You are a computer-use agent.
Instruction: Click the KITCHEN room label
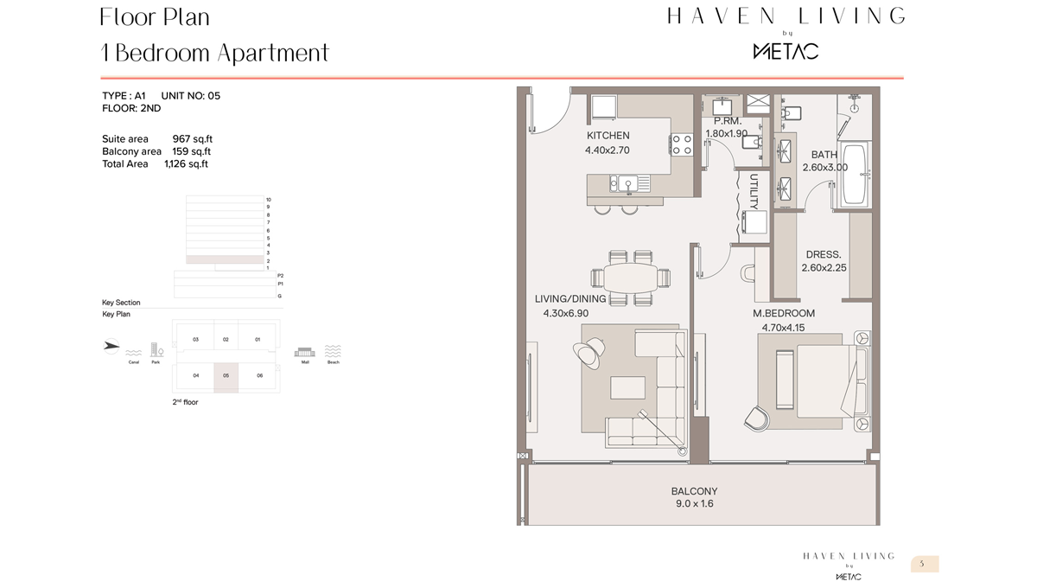pyautogui.click(x=608, y=136)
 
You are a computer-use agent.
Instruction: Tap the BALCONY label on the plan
pyautogui.click(x=694, y=491)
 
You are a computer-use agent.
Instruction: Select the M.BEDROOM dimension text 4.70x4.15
pyautogui.click(x=783, y=328)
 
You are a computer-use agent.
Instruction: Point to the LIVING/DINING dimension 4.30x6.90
pyautogui.click(x=565, y=313)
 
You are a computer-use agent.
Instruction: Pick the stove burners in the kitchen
pyautogui.click(x=682, y=144)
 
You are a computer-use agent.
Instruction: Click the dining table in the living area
pyautogui.click(x=631, y=278)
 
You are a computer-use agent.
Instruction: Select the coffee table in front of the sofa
pyautogui.click(x=627, y=387)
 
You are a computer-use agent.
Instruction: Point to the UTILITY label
pyautogui.click(x=754, y=192)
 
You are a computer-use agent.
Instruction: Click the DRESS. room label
pyautogui.click(x=823, y=255)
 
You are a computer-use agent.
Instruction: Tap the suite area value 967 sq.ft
pyautogui.click(x=192, y=138)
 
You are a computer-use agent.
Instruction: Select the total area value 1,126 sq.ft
pyautogui.click(x=186, y=163)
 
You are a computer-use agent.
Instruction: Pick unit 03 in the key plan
pyautogui.click(x=196, y=340)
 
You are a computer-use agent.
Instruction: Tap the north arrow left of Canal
pyautogui.click(x=111, y=346)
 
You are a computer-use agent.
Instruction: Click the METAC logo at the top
pyautogui.click(x=786, y=51)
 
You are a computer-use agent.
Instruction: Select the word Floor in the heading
pyautogui.click(x=127, y=17)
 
